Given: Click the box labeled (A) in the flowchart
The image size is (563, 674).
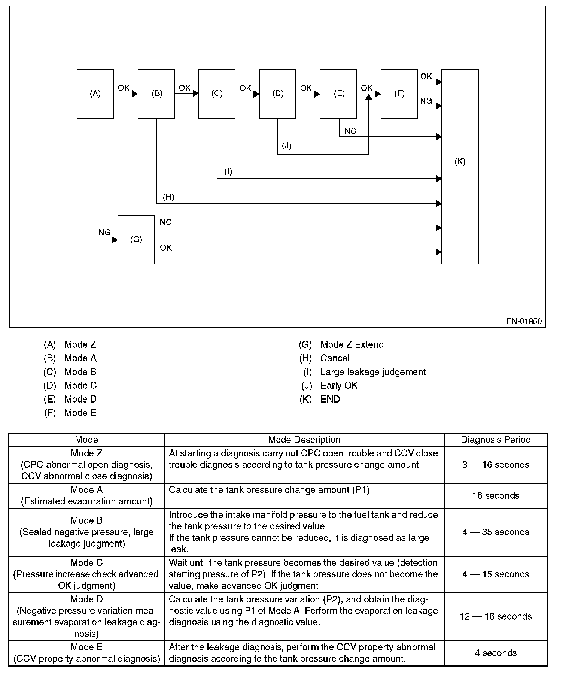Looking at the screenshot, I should click(95, 94).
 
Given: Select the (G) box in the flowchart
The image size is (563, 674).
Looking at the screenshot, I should click(136, 240).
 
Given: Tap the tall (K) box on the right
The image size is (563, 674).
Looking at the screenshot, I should click(460, 167).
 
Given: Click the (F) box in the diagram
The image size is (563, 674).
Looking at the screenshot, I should click(399, 94).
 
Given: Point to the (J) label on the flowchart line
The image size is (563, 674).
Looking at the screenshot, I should click(287, 146).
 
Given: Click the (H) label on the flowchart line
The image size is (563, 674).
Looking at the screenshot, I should click(168, 197).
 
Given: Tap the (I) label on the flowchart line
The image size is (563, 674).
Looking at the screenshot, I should click(228, 171).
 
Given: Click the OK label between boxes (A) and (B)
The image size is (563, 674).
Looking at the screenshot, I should click(124, 88).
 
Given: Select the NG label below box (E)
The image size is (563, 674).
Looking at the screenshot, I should click(350, 131).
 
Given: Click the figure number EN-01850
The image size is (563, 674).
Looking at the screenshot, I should click(524, 321).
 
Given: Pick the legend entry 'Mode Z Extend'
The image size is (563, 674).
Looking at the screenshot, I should click(352, 344).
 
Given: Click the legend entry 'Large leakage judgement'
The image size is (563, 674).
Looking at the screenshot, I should click(373, 372).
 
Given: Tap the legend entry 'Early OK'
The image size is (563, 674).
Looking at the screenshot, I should click(339, 385).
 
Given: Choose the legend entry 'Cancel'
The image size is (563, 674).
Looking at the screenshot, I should click(335, 358).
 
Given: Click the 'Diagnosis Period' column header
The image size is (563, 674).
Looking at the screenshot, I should click(496, 440).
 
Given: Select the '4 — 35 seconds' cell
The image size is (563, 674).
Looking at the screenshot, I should click(496, 532).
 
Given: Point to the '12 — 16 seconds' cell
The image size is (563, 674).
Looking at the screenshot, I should click(496, 616).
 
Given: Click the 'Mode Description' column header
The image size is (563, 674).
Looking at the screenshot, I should click(304, 440).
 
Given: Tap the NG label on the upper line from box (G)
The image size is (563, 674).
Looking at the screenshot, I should click(165, 222).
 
